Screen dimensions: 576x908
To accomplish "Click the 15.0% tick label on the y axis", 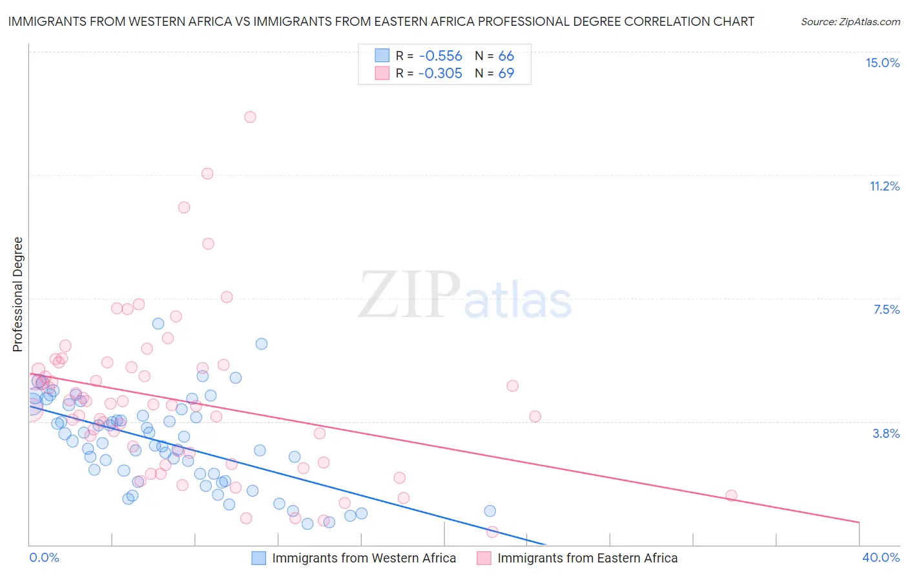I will [882, 63].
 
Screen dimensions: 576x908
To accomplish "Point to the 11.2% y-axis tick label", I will [884, 186].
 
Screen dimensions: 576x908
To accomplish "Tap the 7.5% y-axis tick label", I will [886, 309].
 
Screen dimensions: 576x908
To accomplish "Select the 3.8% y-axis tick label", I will [886, 433].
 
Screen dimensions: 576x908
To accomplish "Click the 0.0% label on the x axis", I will [44, 557].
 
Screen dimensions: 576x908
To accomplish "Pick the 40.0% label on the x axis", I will [881, 557].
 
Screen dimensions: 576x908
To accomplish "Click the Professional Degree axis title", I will [17, 294].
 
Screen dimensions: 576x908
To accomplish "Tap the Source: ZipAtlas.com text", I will [850, 22].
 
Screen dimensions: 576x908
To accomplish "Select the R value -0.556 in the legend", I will [440, 56].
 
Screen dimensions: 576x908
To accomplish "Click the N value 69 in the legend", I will [506, 73].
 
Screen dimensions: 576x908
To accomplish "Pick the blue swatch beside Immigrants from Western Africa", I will [258, 558].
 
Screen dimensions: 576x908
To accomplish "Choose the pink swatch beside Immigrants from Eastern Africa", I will [484, 558].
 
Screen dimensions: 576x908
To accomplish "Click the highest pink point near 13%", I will [250, 117].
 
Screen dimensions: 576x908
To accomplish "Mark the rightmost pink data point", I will [731, 495].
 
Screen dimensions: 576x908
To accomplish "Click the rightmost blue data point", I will [490, 511].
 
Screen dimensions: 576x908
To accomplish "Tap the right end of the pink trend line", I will [859, 522].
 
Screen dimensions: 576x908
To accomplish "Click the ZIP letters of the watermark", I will [409, 294].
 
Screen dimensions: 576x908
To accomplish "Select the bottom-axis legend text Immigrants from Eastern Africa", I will [587, 558].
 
